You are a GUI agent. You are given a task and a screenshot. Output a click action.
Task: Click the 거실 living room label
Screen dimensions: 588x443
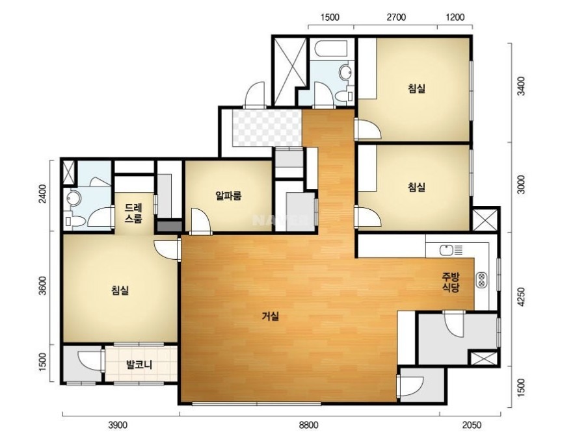(271, 317)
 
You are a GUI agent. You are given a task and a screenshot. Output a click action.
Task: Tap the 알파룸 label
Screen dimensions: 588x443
(228, 196)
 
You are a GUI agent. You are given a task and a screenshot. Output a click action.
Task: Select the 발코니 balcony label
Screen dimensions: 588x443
(139, 364)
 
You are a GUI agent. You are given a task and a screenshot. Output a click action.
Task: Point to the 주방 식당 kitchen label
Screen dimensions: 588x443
(450, 283)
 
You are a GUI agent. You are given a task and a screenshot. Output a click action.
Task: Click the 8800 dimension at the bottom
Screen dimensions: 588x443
(308, 425)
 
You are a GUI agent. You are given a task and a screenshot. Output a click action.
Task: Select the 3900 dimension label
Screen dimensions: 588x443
(118, 425)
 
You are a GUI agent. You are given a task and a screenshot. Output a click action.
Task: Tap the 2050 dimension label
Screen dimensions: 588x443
(472, 425)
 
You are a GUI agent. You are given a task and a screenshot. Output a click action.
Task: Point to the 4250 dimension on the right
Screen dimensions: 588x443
(521, 297)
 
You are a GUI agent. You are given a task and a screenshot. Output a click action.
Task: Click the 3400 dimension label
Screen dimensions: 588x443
(521, 86)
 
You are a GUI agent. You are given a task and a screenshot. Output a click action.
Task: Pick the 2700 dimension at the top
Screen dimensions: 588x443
(396, 18)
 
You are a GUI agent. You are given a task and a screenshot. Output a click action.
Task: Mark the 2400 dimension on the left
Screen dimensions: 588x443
(44, 194)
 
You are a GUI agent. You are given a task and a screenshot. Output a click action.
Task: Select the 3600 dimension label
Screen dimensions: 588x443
(44, 286)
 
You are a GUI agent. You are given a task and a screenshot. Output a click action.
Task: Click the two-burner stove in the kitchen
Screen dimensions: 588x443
(481, 280)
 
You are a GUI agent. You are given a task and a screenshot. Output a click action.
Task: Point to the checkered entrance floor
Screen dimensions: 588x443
(267, 128)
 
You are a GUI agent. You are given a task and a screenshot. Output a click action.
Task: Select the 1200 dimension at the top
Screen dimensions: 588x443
(455, 18)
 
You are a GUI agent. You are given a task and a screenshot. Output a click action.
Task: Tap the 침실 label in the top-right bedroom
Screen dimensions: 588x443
(417, 89)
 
